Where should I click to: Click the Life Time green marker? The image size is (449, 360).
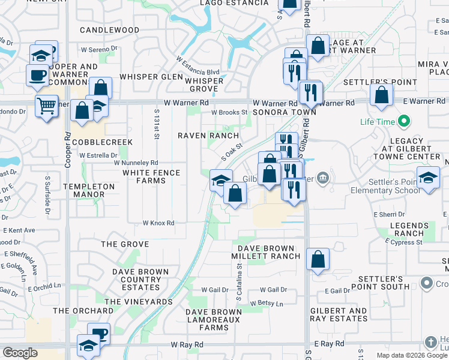pyautogui.click(x=403, y=122)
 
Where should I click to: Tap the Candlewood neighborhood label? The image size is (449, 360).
pyautogui.click(x=109, y=29)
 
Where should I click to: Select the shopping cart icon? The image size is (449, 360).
pyautogui.click(x=46, y=107)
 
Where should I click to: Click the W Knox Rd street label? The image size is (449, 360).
pyautogui.click(x=158, y=223)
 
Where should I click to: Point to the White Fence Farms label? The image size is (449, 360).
pyautogui.click(x=151, y=176)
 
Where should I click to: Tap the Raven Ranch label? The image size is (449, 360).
pyautogui.click(x=208, y=136)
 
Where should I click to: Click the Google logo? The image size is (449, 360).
pyautogui.click(x=20, y=353)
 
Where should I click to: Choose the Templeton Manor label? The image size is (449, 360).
pyautogui.click(x=93, y=190)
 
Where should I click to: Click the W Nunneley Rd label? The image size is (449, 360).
pyautogui.click(x=136, y=163)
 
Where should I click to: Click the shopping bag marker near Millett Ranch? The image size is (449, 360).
pyautogui.click(x=318, y=260)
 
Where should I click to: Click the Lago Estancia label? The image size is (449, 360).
pyautogui.click(x=235, y=3)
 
